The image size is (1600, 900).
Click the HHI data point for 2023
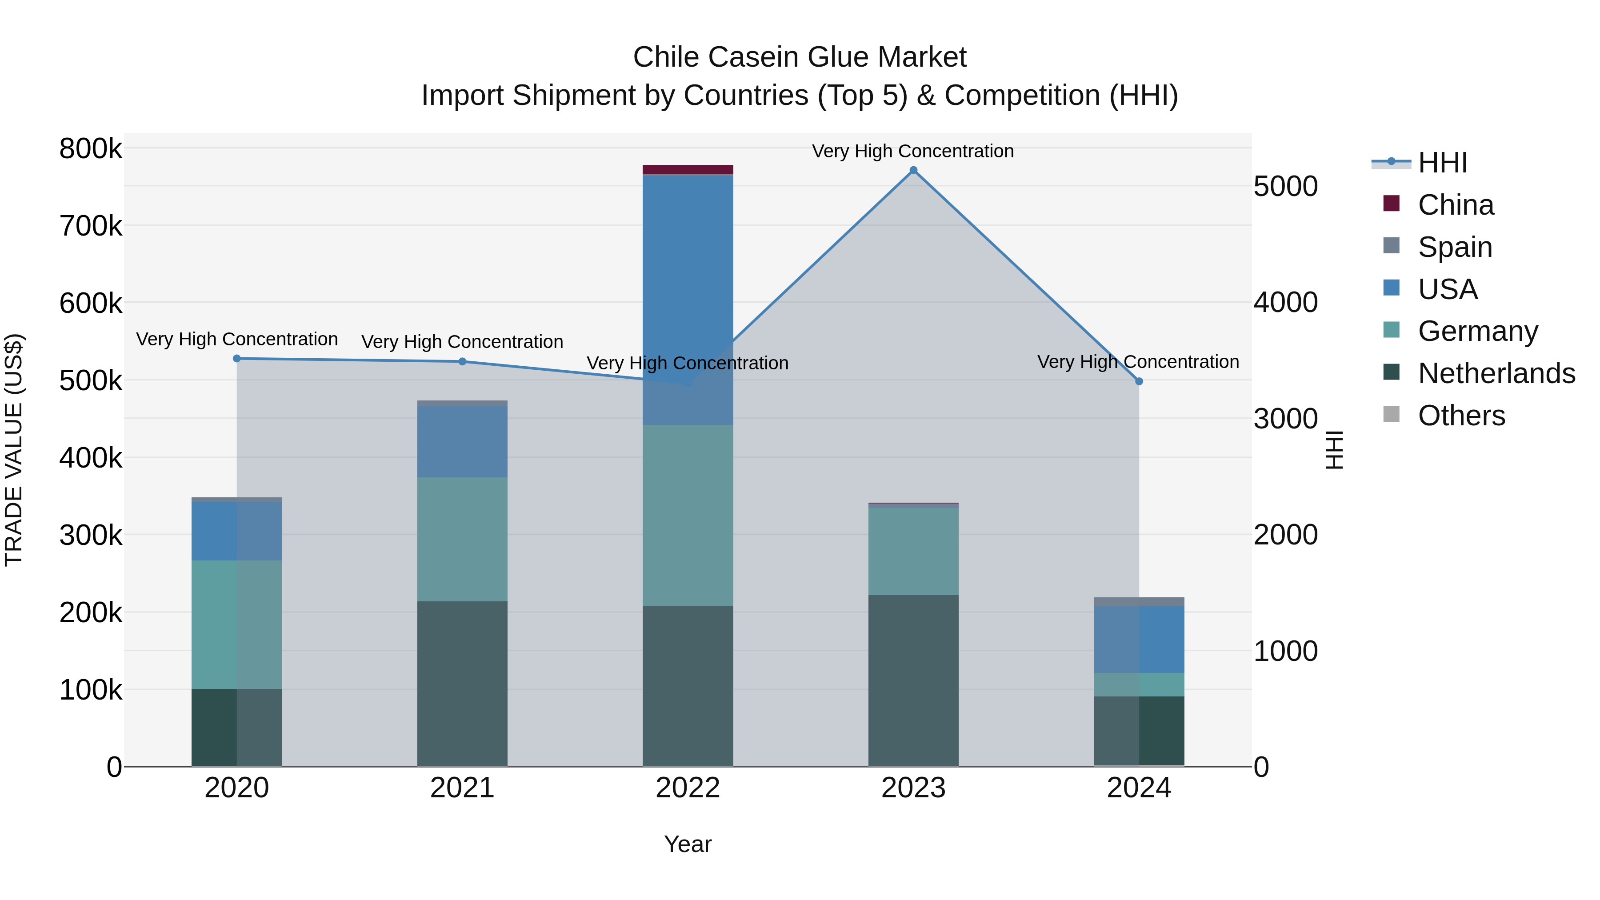click(913, 170)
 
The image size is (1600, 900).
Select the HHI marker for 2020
click(236, 358)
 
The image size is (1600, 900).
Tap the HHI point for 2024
click(1139, 381)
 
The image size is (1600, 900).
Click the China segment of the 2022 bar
click(688, 170)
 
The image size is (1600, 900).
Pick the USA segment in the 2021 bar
click(462, 441)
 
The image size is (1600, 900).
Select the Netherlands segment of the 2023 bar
click(913, 680)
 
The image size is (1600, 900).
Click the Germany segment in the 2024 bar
click(1139, 684)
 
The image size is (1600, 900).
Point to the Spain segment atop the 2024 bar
click(1139, 602)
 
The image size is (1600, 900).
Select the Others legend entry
click(1461, 416)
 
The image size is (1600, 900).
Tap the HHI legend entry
click(1442, 163)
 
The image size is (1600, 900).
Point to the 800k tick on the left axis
click(91, 149)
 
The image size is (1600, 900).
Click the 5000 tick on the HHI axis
click(1285, 186)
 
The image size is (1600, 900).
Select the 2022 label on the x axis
click(688, 788)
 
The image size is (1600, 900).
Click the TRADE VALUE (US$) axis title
click(14, 450)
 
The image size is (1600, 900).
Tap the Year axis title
click(688, 844)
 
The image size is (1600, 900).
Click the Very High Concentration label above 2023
click(912, 151)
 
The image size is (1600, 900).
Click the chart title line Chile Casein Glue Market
click(800, 57)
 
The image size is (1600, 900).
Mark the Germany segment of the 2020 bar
click(236, 624)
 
